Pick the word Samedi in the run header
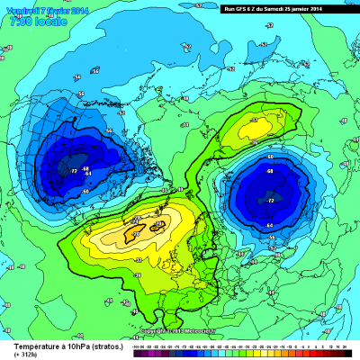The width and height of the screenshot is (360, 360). point(283,8)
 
